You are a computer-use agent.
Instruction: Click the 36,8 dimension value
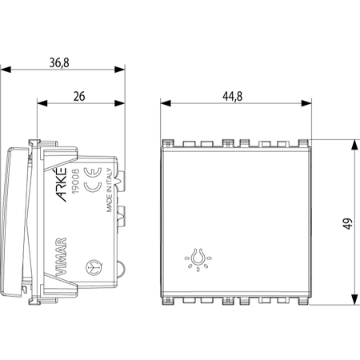pos(59,63)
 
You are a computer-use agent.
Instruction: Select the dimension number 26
pos(79,96)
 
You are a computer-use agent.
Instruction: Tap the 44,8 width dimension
pos(233,96)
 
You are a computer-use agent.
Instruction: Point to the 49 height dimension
pos(348,223)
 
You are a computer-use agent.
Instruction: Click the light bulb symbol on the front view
pos(198,259)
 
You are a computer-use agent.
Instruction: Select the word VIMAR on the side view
pos(61,256)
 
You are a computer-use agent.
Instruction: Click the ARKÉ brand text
pos(62,184)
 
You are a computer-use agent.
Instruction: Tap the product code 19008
pos(76,181)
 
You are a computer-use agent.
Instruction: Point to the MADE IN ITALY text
pos(110,190)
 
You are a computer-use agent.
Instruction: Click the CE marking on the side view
pos(93,180)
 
